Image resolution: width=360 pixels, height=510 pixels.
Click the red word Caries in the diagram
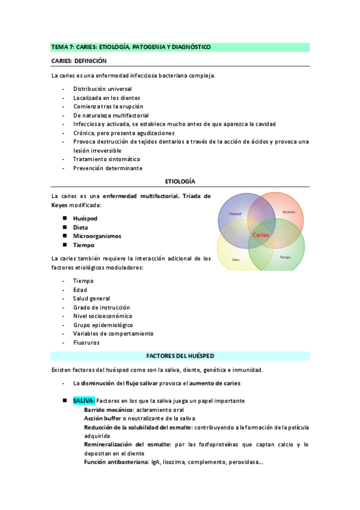click(x=261, y=235)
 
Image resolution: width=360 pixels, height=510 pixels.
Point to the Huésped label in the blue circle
click(x=235, y=214)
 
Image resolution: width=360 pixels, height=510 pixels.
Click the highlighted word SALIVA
click(x=83, y=400)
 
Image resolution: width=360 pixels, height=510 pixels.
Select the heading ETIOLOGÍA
click(x=180, y=181)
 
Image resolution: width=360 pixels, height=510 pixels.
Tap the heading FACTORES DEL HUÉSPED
click(x=180, y=356)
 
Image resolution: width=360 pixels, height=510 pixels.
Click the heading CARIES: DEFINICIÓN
click(x=79, y=61)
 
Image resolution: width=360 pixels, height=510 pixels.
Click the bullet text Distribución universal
click(x=102, y=88)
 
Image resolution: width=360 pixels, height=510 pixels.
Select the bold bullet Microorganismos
click(x=97, y=236)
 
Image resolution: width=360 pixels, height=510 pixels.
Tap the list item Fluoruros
click(x=86, y=342)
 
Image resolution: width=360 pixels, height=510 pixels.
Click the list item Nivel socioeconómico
click(x=103, y=316)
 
